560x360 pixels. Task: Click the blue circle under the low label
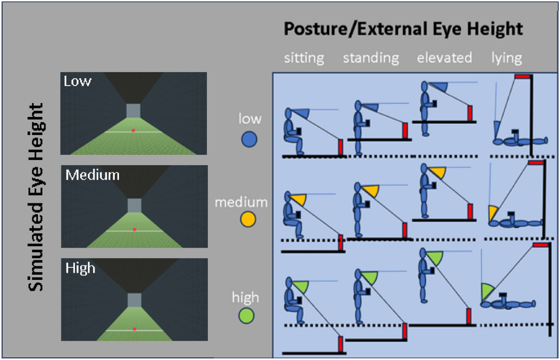[250, 139]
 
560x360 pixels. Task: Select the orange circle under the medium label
[248, 219]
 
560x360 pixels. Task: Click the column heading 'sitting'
[304, 58]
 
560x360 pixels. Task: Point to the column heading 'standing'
[371, 58]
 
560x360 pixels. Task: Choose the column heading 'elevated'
[444, 58]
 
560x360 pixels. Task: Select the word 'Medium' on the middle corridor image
[92, 175]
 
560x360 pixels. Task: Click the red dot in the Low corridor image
[133, 131]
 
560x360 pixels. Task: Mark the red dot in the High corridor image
[134, 329]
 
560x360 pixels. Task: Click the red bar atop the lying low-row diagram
[522, 76]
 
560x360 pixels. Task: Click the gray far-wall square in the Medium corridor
[134, 205]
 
